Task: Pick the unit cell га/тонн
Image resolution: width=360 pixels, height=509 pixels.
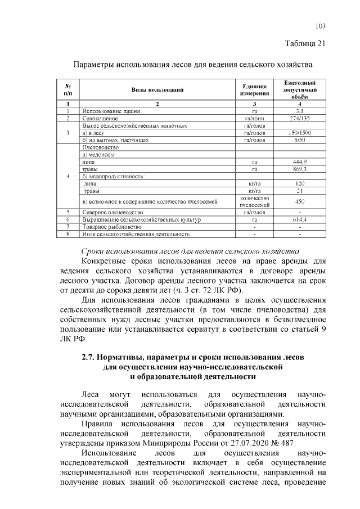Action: (x=254, y=119)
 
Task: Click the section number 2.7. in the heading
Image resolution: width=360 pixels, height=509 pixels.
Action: (x=88, y=357)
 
